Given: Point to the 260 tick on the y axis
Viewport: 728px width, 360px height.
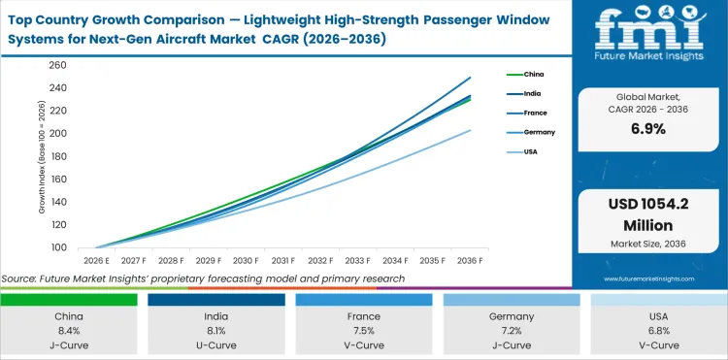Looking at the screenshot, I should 57,65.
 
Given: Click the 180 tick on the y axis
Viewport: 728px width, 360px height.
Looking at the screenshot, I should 57,157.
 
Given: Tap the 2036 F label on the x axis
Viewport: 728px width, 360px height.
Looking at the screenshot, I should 471,261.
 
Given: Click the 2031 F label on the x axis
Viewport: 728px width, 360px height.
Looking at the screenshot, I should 283,261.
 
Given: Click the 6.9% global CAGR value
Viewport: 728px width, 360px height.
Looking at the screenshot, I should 648,129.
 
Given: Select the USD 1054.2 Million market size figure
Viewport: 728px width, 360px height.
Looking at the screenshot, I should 648,214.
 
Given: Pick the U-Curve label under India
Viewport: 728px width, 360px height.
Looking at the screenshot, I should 216,345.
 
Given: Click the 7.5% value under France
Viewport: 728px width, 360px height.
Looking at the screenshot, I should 364,332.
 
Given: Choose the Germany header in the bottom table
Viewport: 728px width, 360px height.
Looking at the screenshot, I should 511,316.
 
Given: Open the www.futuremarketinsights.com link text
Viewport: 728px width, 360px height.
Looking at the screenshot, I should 648,278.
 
